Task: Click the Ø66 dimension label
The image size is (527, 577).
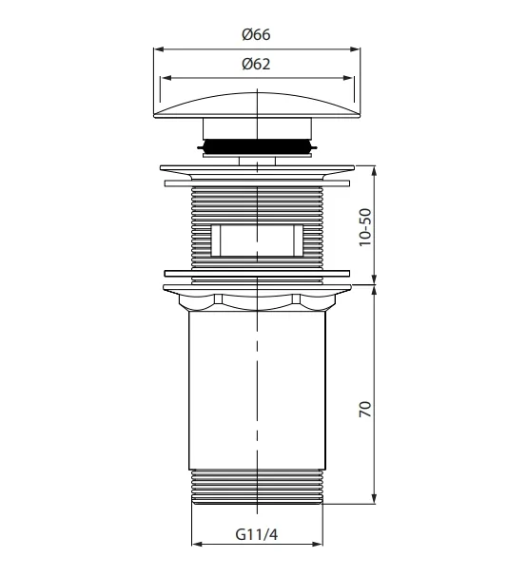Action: click(256, 34)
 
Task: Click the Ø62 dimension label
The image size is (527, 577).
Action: click(256, 64)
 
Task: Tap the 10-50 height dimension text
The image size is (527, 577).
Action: click(365, 227)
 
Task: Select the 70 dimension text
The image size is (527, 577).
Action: click(365, 409)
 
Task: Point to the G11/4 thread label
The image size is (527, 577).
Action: click(257, 534)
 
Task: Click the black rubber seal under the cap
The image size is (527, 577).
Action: click(257, 146)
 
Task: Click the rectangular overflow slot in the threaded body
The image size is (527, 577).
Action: click(257, 240)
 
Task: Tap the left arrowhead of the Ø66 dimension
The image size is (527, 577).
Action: click(159, 48)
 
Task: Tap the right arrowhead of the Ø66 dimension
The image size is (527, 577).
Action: click(355, 48)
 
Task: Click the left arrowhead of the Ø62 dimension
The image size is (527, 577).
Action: click(166, 78)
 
